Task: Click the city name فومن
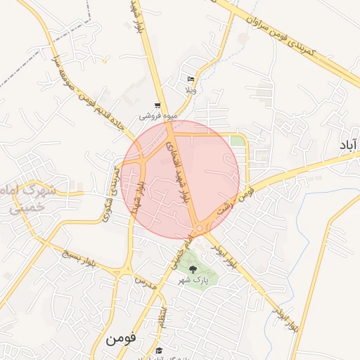(124, 339)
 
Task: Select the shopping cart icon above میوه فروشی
(157, 105)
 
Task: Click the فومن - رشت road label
(237, 195)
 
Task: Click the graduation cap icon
(160, 351)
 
